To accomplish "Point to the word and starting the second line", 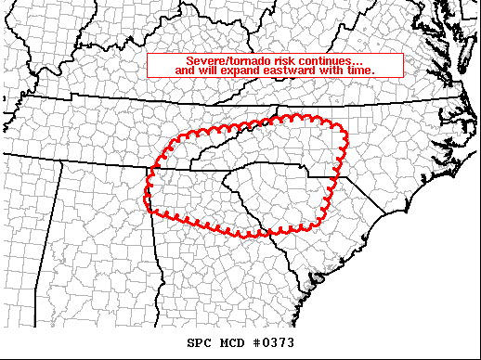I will (185, 71).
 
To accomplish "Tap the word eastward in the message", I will (292, 71).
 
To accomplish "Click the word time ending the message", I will (361, 71).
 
